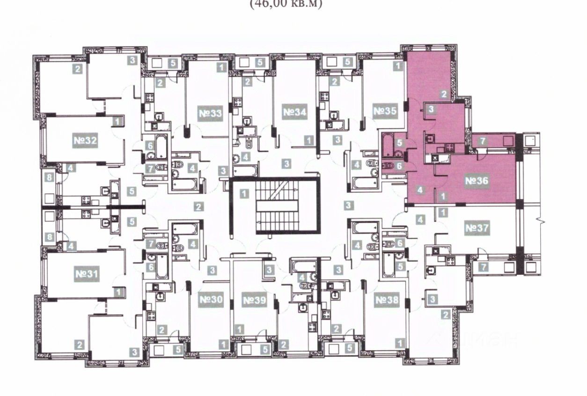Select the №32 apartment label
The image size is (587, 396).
(85, 140)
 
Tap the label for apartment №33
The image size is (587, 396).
(210, 114)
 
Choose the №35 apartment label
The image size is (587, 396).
(385, 112)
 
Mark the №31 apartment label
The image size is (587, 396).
(86, 273)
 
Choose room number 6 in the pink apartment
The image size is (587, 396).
(399, 165)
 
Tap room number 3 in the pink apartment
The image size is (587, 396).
(431, 110)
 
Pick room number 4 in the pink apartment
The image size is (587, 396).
(420, 190)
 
